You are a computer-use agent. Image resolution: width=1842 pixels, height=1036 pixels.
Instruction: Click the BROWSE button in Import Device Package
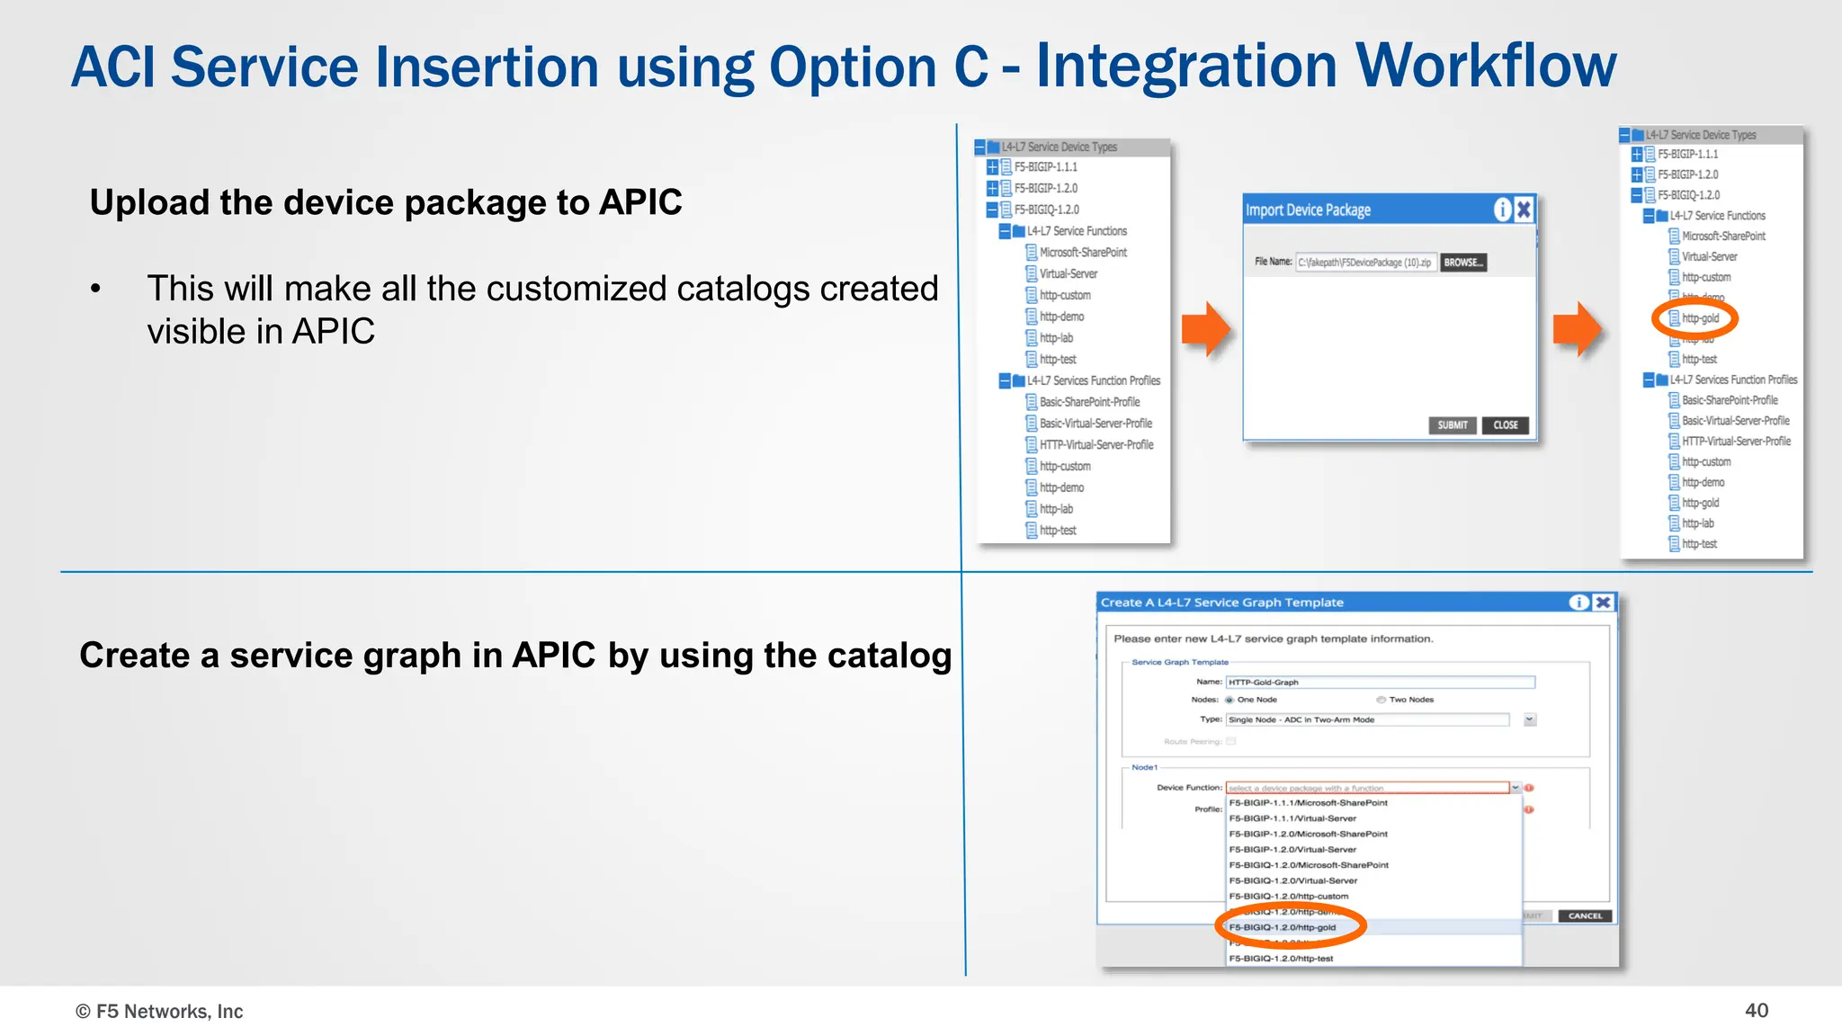pos(1463,263)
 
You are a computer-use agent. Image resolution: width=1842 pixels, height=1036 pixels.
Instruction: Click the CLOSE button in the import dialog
pos(1505,425)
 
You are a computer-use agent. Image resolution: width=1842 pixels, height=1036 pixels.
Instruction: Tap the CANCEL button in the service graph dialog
pos(1585,916)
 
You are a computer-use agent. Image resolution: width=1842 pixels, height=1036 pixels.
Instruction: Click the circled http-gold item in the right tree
pos(1699,318)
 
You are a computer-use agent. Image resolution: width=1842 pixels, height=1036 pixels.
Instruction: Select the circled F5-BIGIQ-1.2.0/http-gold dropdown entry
pos(1283,927)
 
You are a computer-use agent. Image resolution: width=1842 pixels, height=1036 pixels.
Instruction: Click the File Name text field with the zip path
pos(1364,263)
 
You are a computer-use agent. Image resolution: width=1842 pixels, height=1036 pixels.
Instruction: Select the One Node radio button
pos(1229,700)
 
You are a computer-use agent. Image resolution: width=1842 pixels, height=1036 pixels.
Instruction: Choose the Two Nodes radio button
pos(1381,700)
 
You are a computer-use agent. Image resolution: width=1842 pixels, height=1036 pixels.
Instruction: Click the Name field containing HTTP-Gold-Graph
pos(1380,683)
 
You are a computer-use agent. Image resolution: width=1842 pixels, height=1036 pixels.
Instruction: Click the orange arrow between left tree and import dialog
pos(1205,329)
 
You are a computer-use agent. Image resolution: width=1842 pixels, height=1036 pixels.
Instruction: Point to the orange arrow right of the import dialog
pos(1577,329)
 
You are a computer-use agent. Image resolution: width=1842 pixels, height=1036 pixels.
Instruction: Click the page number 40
pos(1756,1011)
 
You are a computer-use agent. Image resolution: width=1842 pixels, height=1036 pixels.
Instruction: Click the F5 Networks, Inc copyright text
pos(159,1012)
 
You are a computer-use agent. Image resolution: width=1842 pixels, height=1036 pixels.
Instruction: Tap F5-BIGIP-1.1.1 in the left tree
pos(1045,167)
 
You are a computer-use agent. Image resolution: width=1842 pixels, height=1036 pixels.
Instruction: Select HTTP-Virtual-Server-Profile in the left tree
pos(1096,445)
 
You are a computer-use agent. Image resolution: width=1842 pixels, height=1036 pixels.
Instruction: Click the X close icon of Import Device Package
pos(1524,210)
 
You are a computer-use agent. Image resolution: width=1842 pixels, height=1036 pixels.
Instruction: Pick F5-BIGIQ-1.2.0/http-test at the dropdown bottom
pos(1281,959)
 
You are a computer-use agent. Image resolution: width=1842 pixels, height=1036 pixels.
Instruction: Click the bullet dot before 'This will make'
pos(95,290)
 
